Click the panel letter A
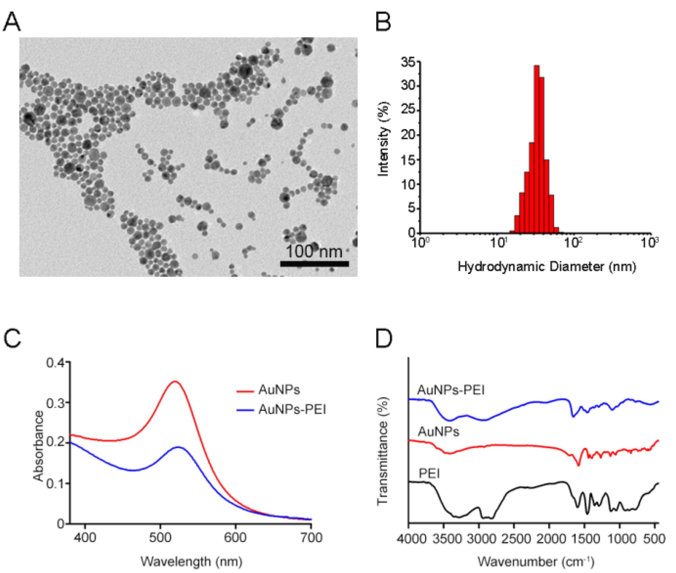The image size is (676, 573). (x=12, y=22)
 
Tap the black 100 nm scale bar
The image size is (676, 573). (x=314, y=264)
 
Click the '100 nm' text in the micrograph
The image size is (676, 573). (x=314, y=251)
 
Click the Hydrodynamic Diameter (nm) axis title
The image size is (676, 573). (x=546, y=267)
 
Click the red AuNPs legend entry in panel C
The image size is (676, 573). (x=279, y=390)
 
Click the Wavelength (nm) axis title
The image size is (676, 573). (x=191, y=561)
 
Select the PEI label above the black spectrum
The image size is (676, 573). (x=429, y=474)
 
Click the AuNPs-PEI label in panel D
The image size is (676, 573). (x=451, y=390)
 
